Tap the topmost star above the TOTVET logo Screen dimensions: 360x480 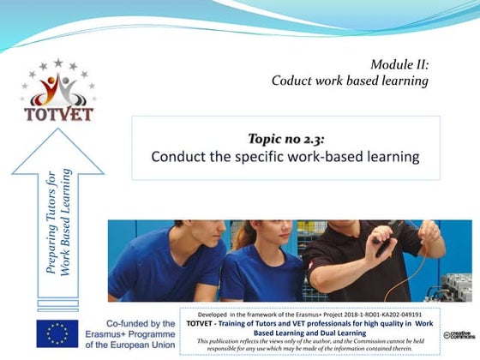57,63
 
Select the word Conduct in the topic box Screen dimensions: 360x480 178,157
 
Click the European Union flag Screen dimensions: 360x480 57,332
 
